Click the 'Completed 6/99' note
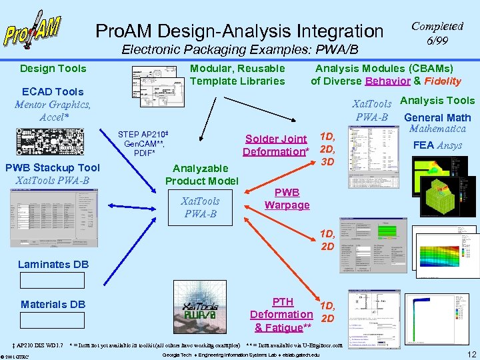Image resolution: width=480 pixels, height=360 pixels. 437,33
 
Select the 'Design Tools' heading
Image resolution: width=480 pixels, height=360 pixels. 53,68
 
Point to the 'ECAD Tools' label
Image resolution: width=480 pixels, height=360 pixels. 53,91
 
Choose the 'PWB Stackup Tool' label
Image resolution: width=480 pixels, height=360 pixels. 53,167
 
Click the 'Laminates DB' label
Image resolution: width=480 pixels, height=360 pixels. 53,264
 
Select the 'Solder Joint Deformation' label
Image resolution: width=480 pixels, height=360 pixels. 276,145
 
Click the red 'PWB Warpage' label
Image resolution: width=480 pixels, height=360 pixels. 287,199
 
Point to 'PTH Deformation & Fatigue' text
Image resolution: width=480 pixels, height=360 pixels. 281,315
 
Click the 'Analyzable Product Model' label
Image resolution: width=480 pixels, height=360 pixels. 201,175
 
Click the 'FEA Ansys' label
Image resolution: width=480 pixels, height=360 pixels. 437,145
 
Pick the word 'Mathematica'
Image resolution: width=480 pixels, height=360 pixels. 437,129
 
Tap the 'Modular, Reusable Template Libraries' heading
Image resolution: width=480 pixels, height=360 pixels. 237,74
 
